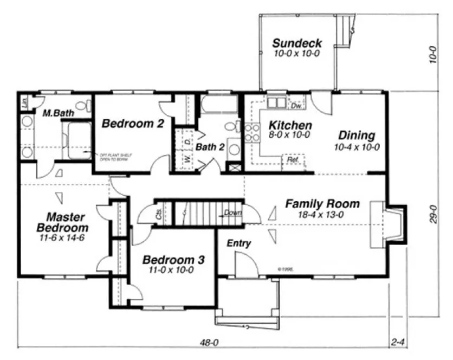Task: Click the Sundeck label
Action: [x=297, y=43]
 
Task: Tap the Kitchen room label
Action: [x=290, y=125]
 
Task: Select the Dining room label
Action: [x=357, y=136]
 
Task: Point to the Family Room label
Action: [x=322, y=204]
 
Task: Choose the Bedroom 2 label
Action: [x=133, y=124]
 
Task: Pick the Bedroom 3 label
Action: [x=171, y=260]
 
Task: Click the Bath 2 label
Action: [x=210, y=147]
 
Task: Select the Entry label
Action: [x=238, y=243]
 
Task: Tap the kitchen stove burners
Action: [x=251, y=133]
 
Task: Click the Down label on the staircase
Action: [x=233, y=213]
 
